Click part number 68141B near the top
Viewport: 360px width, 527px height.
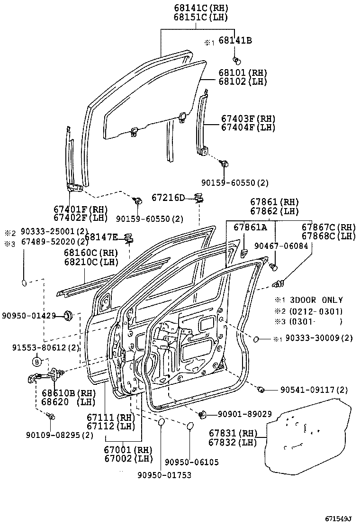pos(234,41)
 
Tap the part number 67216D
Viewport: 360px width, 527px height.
pos(168,197)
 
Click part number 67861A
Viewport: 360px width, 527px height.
pos(250,227)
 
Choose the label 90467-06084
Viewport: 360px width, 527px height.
pos(281,246)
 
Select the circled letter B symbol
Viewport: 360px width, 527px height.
pos(37,362)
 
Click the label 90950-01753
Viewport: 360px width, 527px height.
pos(164,475)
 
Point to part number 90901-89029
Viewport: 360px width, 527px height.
pos(244,414)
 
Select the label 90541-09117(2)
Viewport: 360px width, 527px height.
pos(314,390)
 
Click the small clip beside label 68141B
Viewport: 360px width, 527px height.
pos(237,60)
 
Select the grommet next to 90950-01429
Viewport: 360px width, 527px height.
pos(68,315)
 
